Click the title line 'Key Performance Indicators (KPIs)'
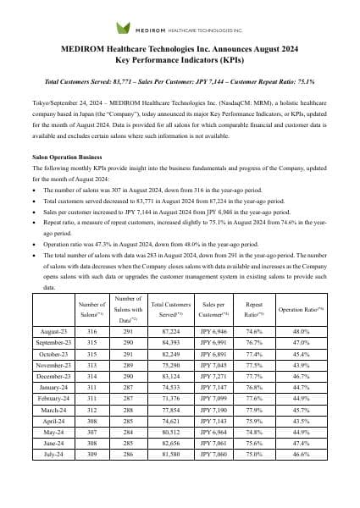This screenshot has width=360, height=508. coord(180,61)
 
